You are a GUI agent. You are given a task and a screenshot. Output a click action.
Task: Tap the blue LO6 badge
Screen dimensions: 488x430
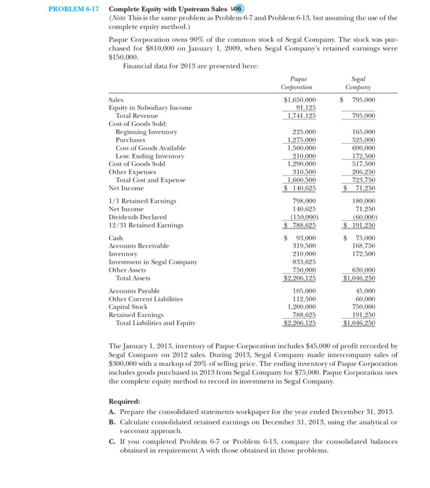237,9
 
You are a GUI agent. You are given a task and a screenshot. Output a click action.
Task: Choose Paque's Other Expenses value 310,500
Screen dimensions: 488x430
305,172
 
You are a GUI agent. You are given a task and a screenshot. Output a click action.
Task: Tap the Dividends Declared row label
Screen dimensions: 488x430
138,217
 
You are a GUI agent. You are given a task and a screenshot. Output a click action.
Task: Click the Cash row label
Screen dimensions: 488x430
116,238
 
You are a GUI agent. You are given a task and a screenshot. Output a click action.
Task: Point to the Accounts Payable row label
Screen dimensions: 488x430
134,291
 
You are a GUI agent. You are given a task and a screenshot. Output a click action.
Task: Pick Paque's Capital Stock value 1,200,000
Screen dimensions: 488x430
302,307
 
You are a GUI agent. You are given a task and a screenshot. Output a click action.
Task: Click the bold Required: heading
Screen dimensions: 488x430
123,402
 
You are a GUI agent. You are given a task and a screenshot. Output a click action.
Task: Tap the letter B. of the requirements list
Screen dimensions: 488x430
112,422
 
